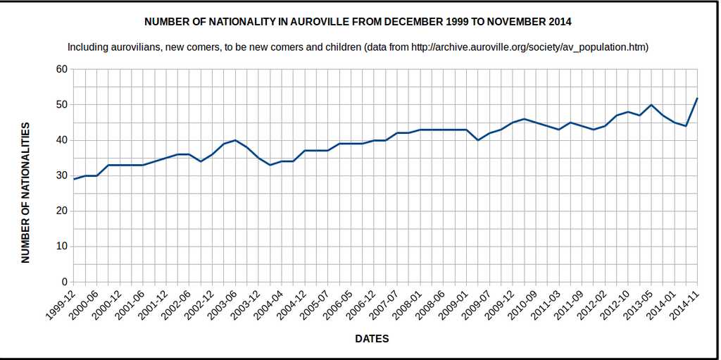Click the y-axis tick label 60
(x=61, y=69)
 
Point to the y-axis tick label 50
(x=61, y=105)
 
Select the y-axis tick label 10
(x=61, y=247)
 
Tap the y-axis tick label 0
(x=64, y=282)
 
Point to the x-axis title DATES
(x=372, y=339)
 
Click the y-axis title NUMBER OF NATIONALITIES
(x=25, y=192)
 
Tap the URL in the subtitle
(x=529, y=47)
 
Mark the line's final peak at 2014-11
(x=697, y=98)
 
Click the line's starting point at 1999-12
(x=74, y=179)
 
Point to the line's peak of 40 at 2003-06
(x=235, y=140)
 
